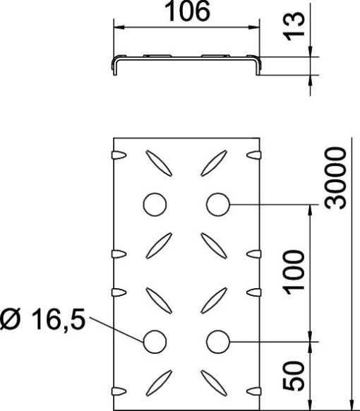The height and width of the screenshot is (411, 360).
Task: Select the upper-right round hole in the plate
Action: pyautogui.click(x=218, y=204)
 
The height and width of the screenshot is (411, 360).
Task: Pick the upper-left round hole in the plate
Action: pyautogui.click(x=154, y=204)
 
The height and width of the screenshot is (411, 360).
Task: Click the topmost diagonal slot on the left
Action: pyautogui.click(x=160, y=163)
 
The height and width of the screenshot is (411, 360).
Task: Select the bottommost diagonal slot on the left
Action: pyautogui.click(x=160, y=381)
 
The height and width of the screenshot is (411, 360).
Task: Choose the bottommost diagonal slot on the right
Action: pyautogui.click(x=212, y=381)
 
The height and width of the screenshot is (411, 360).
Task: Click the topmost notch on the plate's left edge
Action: pyautogui.click(x=119, y=153)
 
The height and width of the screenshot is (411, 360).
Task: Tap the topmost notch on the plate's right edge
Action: pyautogui.click(x=254, y=153)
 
